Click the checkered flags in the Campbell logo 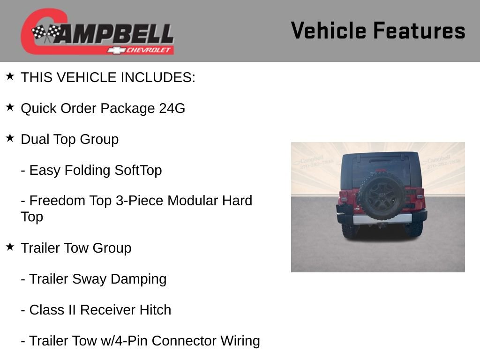(x=46, y=33)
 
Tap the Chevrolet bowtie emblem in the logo (x=114, y=50)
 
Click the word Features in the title (x=419, y=30)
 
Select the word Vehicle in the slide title (x=328, y=30)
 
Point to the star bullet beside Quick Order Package (x=10, y=107)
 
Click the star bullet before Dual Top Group (x=10, y=138)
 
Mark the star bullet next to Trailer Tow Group (x=10, y=247)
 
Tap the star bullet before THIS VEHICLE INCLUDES (x=10, y=76)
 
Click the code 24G (x=172, y=108)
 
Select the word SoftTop (x=138, y=170)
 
